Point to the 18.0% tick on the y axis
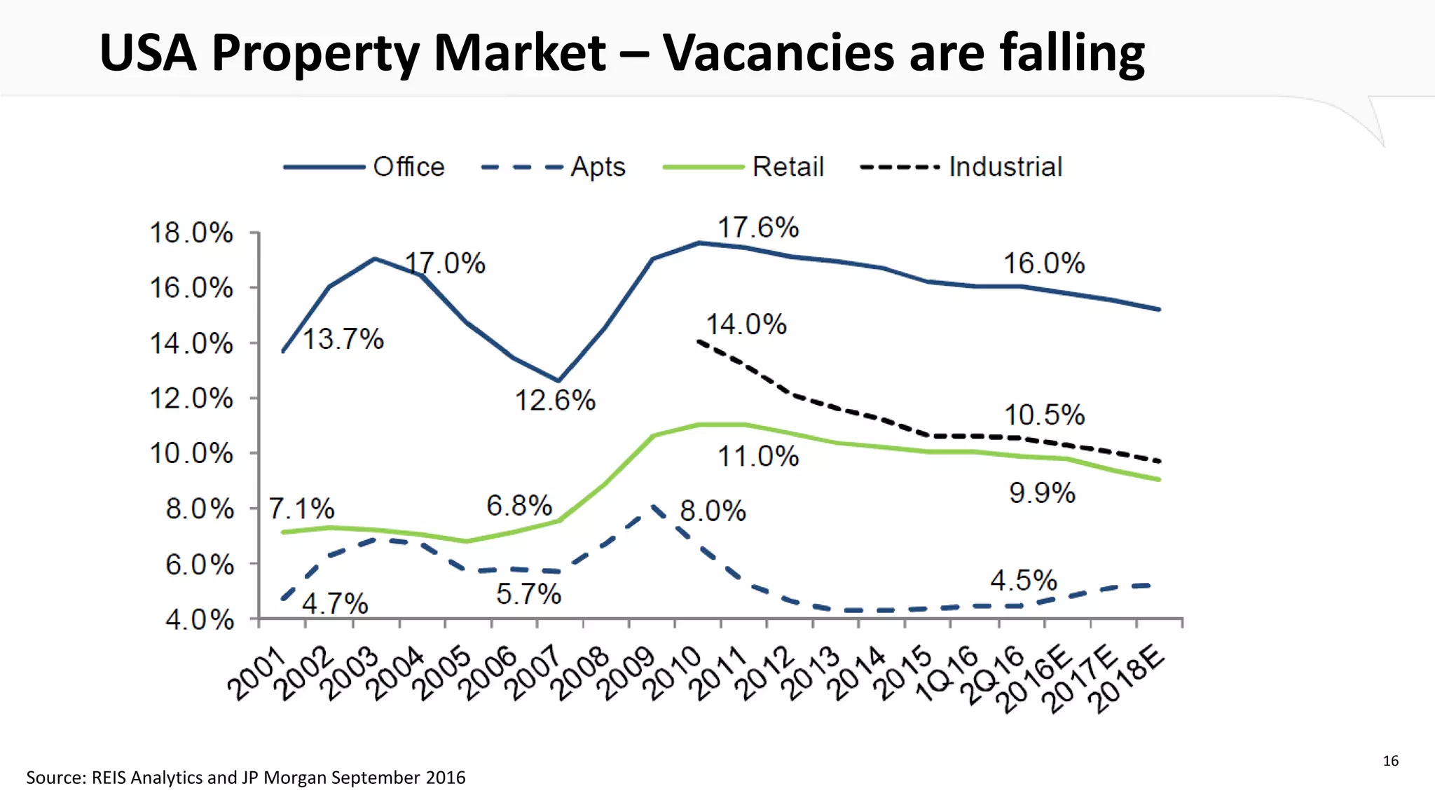(x=191, y=233)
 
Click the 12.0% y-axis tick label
(x=191, y=399)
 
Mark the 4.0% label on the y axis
(x=199, y=619)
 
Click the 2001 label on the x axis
(x=256, y=673)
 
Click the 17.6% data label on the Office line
(x=757, y=228)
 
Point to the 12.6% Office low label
(x=555, y=401)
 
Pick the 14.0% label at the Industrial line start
(x=746, y=324)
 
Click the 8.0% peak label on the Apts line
(x=713, y=511)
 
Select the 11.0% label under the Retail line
(x=757, y=457)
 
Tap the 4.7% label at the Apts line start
(x=335, y=603)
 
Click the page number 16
(x=1390, y=761)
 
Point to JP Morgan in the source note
(x=284, y=778)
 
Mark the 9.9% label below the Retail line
(x=1042, y=493)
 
